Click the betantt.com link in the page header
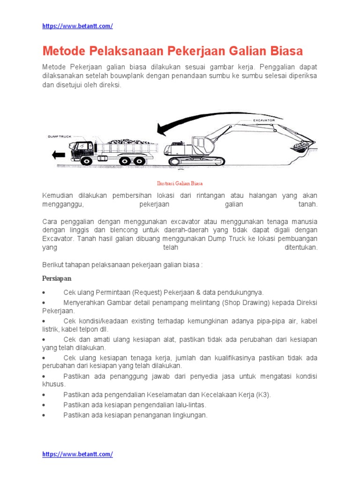click(77, 26)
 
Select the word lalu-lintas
click(189, 405)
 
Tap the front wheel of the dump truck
click(86, 161)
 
